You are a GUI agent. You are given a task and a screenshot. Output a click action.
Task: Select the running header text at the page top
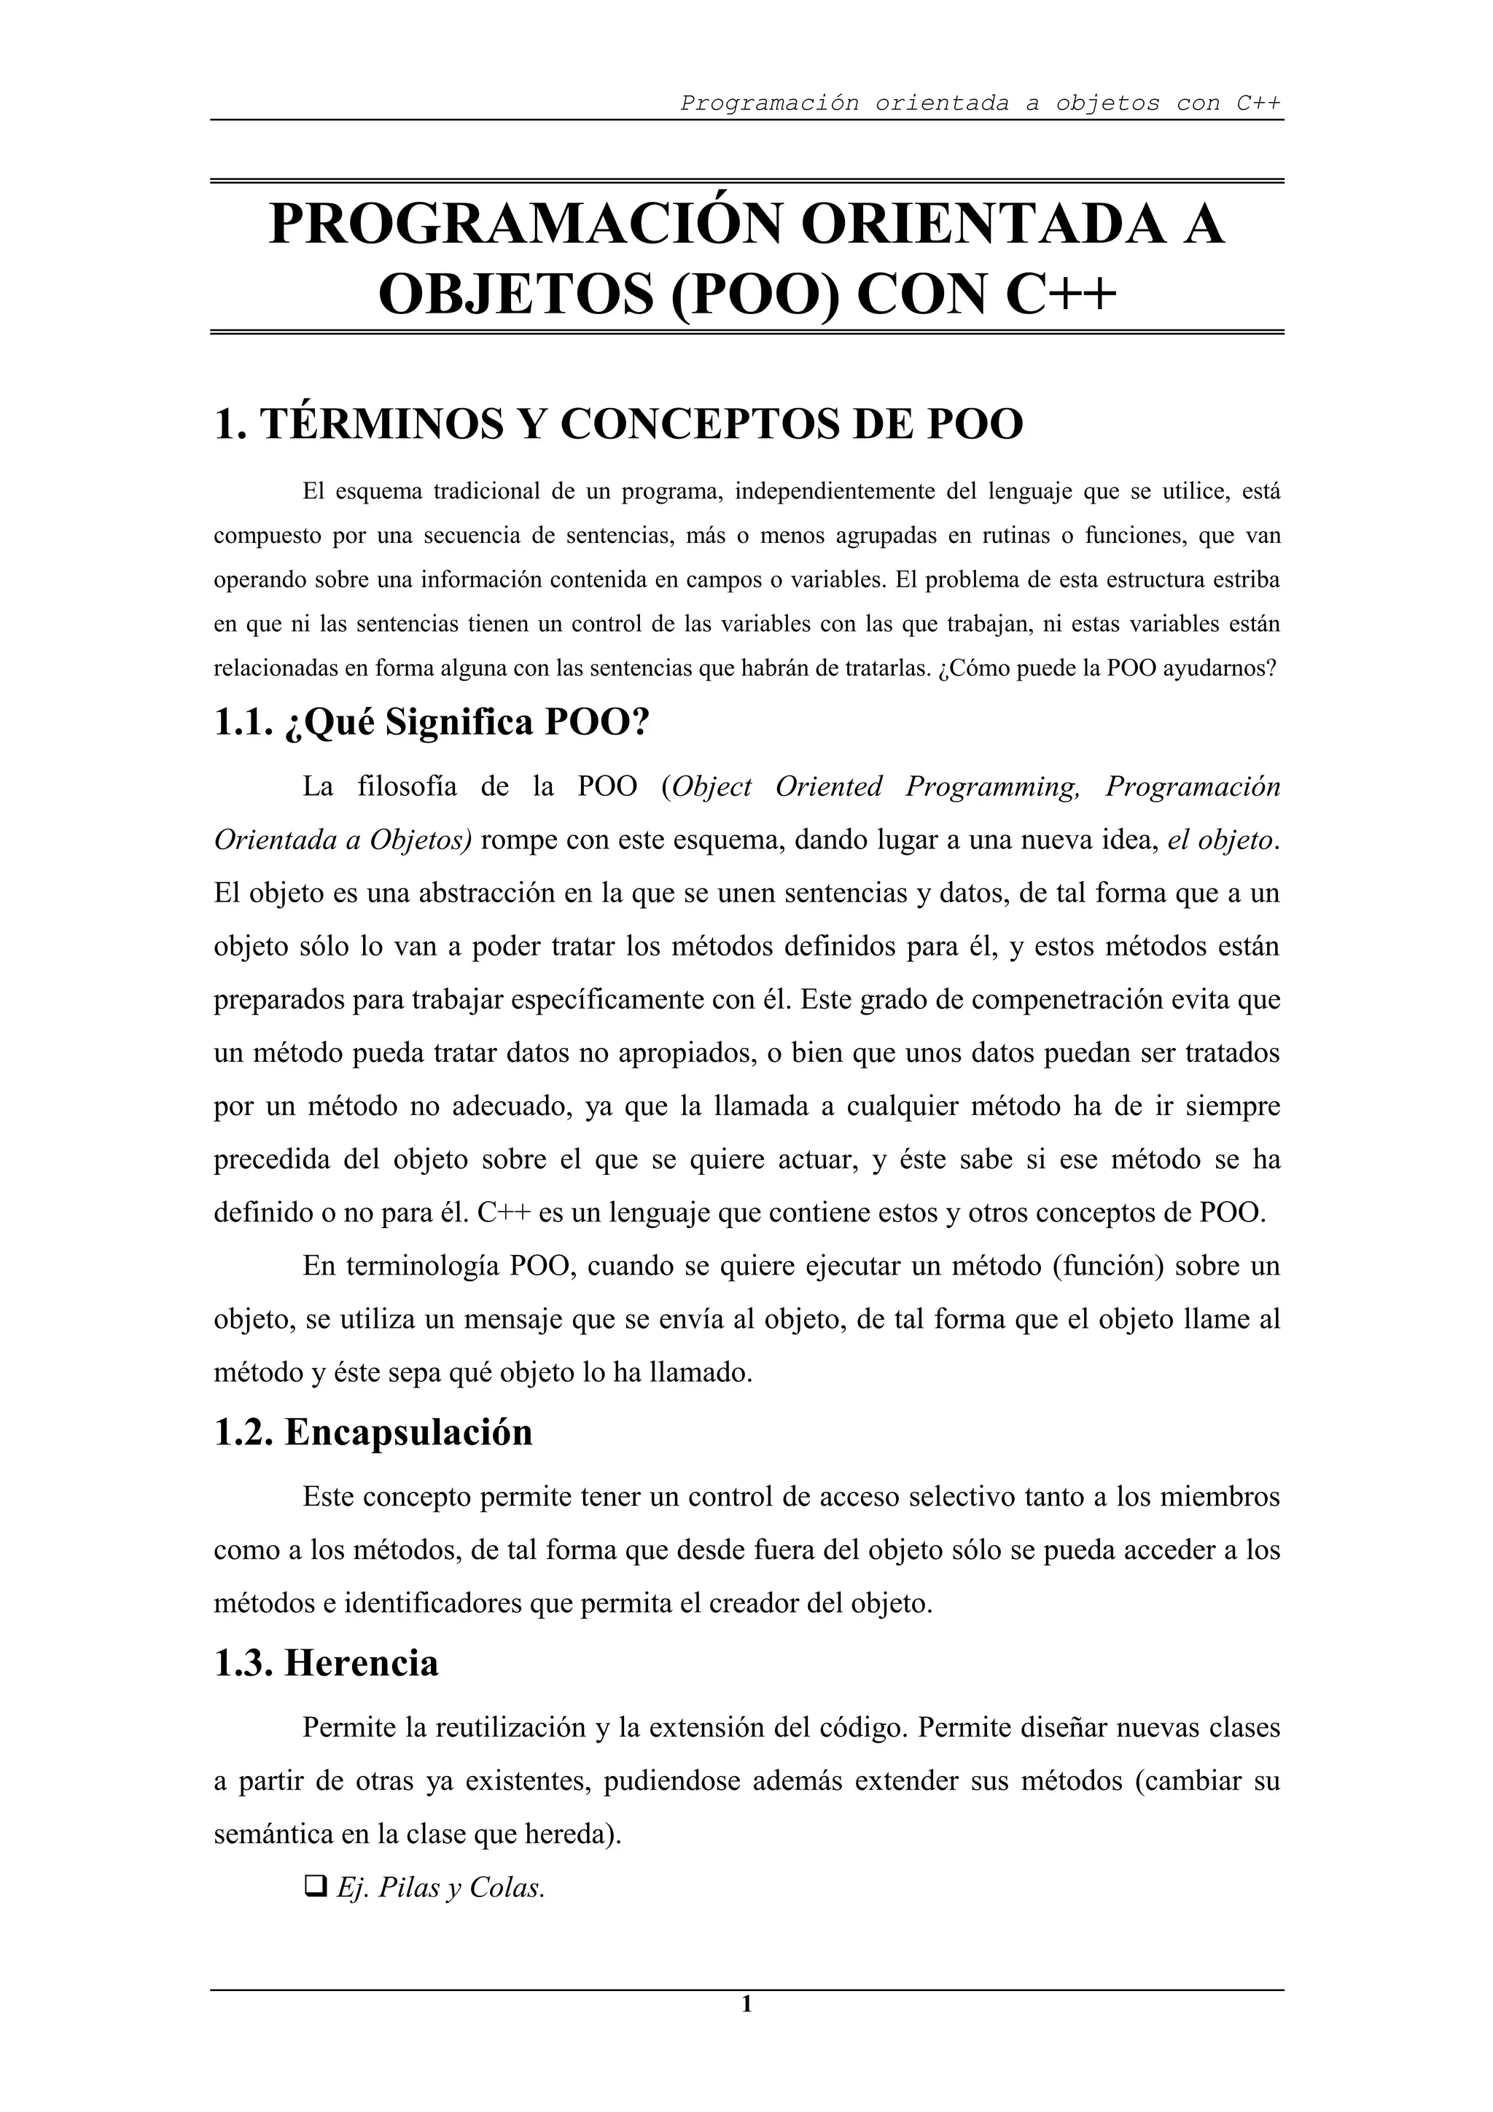tap(981, 103)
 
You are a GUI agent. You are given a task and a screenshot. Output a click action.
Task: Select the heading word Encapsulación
tap(408, 1432)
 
